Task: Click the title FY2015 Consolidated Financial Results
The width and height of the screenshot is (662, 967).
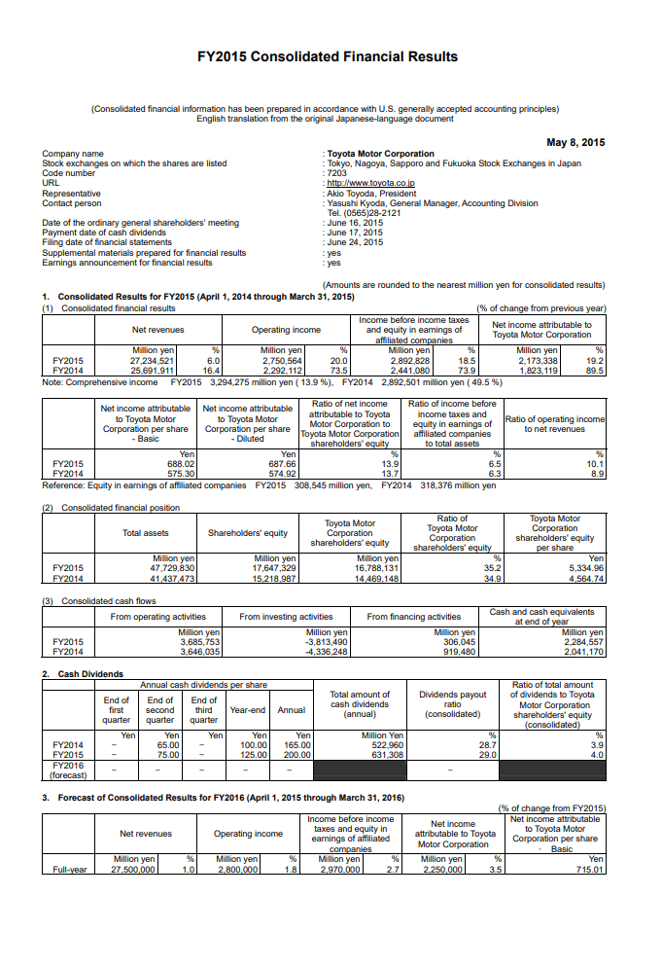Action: tap(327, 56)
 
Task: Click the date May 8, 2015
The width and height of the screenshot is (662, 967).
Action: tap(575, 143)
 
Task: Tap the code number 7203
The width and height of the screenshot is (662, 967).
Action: tap(336, 173)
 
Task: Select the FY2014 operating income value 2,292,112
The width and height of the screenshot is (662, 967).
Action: tap(281, 371)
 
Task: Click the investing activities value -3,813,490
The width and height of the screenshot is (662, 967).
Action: tap(328, 642)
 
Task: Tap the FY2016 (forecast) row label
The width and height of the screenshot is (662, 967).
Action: tap(67, 769)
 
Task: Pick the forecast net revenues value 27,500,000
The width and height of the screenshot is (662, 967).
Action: tap(134, 869)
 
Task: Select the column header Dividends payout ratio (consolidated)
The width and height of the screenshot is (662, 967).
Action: tap(452, 704)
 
